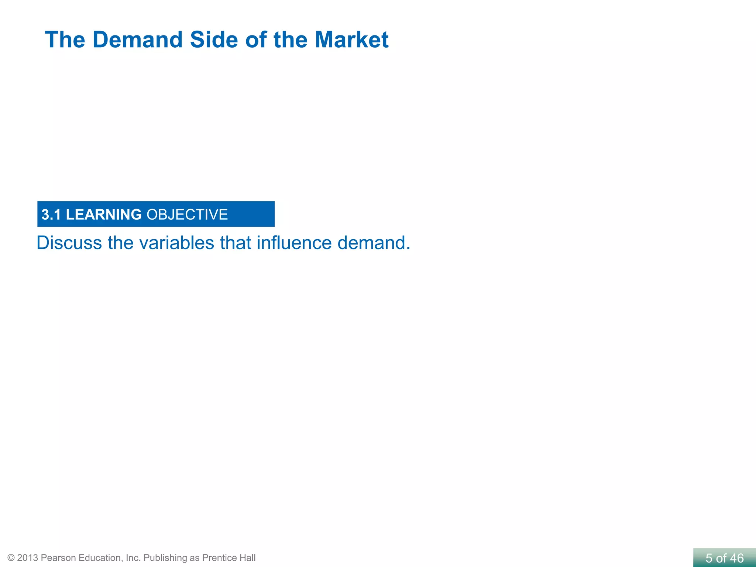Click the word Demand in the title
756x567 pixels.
pyautogui.click(x=137, y=39)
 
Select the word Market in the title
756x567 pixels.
pyautogui.click(x=351, y=39)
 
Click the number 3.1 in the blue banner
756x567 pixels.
pyautogui.click(x=51, y=214)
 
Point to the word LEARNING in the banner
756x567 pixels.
pyautogui.click(x=104, y=214)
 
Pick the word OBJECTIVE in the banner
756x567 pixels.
pyautogui.click(x=187, y=214)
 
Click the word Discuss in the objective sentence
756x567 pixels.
pyautogui.click(x=69, y=243)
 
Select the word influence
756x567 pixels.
pyautogui.click(x=294, y=243)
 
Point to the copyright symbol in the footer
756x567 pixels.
pyautogui.click(x=11, y=558)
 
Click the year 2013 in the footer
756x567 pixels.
pyautogui.click(x=28, y=558)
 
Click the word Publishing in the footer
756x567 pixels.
pyautogui.click(x=165, y=558)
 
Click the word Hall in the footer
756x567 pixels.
pyautogui.click(x=247, y=558)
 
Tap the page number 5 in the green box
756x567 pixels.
pyautogui.click(x=709, y=558)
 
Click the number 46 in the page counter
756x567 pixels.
pyautogui.click(x=736, y=558)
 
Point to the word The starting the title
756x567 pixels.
pyautogui.click(x=65, y=39)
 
